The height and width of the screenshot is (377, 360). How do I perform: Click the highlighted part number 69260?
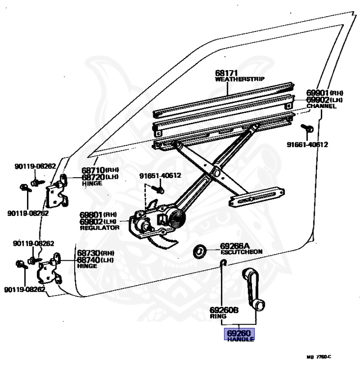click(240, 333)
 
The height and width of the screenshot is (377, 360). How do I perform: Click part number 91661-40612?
click(308, 144)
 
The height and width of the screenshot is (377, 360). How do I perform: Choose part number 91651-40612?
click(160, 176)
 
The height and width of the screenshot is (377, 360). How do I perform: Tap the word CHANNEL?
click(322, 106)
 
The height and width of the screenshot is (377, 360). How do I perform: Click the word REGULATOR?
click(100, 228)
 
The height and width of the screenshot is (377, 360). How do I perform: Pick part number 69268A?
click(235, 245)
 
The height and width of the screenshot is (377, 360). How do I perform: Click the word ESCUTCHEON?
click(241, 252)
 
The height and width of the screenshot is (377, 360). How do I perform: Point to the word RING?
click(217, 317)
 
